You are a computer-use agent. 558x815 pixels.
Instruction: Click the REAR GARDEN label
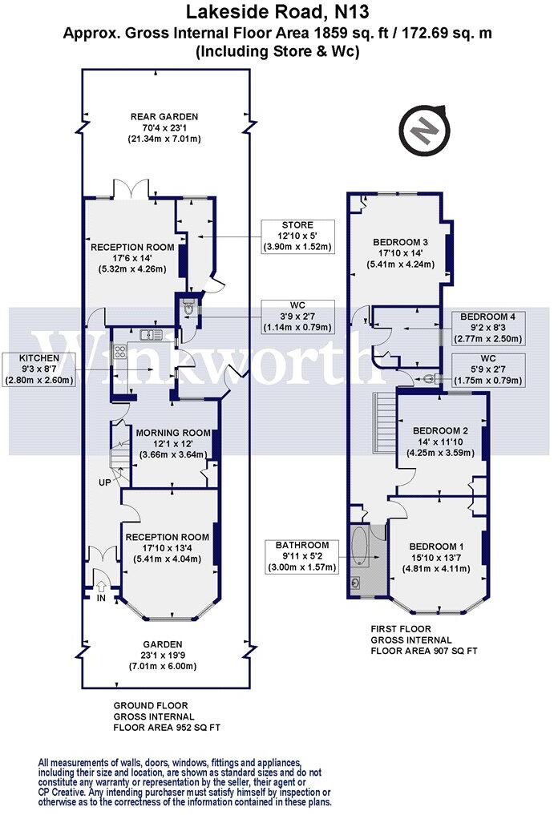[x=164, y=116]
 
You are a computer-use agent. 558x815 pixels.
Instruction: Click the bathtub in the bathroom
[x=361, y=547]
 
